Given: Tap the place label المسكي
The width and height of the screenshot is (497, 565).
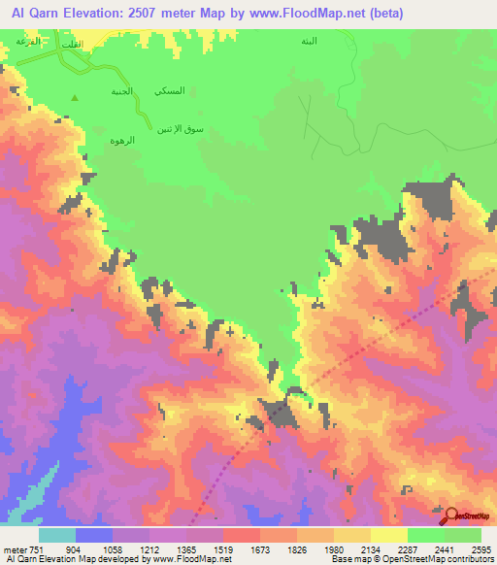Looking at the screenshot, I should click(x=169, y=90).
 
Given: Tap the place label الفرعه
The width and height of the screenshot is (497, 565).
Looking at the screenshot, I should click(x=28, y=42).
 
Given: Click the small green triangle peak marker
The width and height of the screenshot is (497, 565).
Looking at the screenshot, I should click(x=77, y=96).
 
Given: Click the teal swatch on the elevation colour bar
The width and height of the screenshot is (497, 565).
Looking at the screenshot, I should click(x=57, y=535).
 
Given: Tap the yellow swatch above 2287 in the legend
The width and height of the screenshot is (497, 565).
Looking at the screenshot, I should click(x=389, y=535).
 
